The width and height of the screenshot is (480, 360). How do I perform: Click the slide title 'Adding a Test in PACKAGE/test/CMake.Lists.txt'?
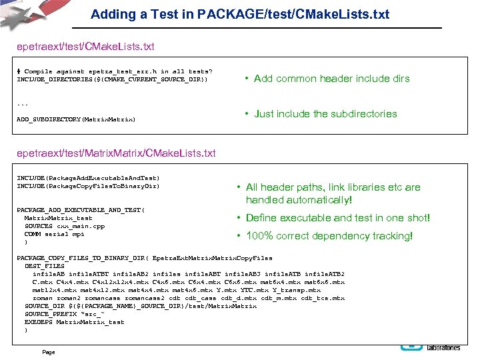(x=240, y=14)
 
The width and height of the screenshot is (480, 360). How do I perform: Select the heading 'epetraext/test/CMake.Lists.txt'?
(x=86, y=47)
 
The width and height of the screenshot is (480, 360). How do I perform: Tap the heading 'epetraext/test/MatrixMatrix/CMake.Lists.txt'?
(x=117, y=153)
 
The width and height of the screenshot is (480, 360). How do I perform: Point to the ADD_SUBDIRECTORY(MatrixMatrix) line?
(x=76, y=119)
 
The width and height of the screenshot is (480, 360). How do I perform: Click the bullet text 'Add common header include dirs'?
(x=331, y=79)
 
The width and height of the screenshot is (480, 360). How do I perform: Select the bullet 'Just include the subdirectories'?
(x=325, y=114)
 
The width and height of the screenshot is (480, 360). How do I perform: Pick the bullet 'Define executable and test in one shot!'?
(x=338, y=218)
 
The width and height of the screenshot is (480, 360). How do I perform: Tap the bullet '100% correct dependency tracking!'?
(x=329, y=236)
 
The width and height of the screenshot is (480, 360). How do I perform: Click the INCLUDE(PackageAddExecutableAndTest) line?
(x=88, y=178)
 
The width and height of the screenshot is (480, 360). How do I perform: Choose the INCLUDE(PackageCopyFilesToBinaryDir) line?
(x=88, y=186)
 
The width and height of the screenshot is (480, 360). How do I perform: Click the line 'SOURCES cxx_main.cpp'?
(x=65, y=226)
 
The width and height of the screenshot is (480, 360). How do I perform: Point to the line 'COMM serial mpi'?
(x=55, y=234)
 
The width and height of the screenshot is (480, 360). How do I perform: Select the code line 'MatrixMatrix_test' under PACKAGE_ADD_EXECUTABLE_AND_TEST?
(x=59, y=218)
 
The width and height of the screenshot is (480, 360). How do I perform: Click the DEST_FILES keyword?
(x=45, y=266)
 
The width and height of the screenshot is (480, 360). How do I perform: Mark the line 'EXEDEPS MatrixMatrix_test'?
(x=75, y=322)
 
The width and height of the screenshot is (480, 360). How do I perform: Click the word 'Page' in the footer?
(x=48, y=352)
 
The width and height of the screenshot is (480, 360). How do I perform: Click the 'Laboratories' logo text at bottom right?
(x=444, y=348)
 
